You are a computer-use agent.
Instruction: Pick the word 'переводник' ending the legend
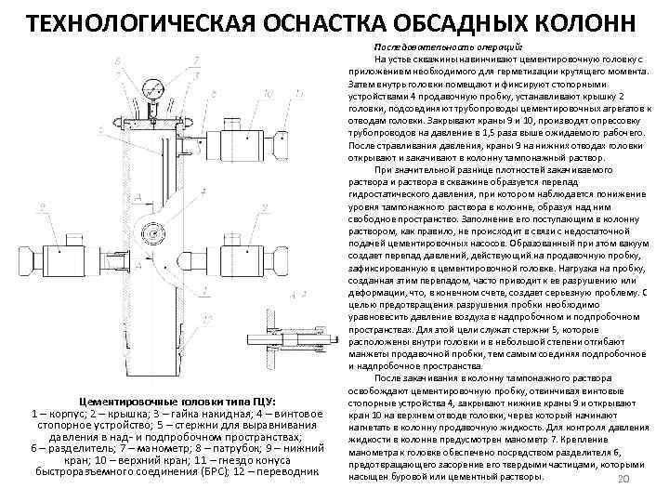(x=288, y=471)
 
